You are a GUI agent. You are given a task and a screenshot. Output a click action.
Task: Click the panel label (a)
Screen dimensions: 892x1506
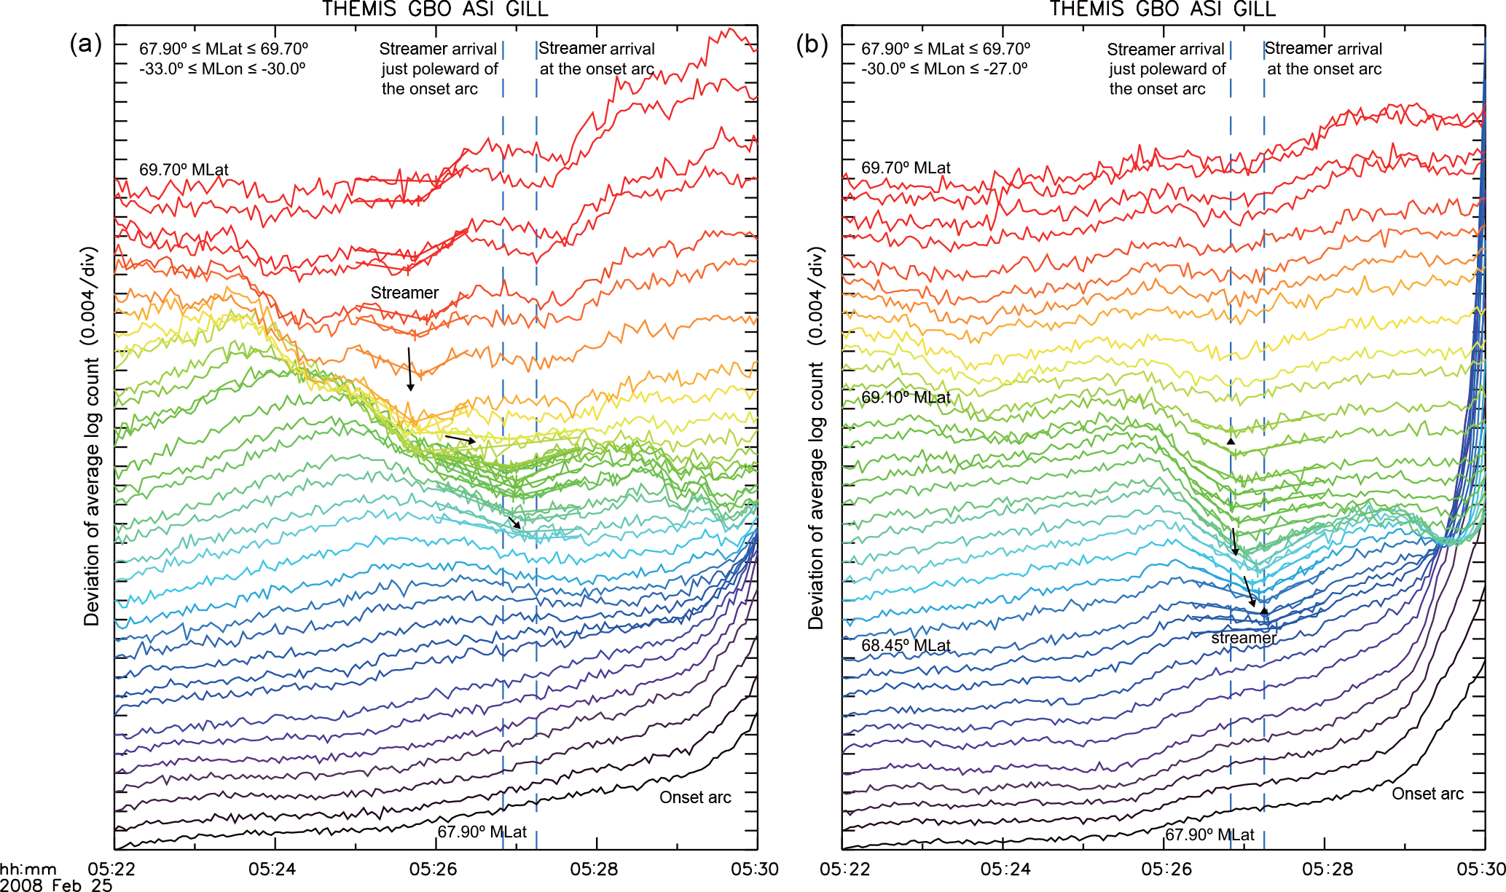(x=86, y=45)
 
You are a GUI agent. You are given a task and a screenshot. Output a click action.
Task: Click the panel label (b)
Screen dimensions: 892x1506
(x=812, y=45)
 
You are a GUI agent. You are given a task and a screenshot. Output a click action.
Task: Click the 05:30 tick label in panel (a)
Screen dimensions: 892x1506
(x=755, y=869)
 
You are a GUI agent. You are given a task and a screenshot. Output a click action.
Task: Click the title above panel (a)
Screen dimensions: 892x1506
(x=435, y=9)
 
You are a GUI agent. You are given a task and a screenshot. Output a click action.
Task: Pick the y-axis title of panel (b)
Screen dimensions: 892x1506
(x=815, y=437)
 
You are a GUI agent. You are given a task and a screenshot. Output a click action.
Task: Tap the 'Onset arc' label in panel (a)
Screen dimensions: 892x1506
(x=695, y=797)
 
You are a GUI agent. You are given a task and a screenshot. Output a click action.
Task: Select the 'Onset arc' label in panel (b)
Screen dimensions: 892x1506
(x=1427, y=794)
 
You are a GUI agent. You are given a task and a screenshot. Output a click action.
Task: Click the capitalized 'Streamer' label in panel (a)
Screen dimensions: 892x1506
(x=404, y=293)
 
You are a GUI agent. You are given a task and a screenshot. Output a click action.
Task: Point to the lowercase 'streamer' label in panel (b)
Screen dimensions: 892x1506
(x=1244, y=639)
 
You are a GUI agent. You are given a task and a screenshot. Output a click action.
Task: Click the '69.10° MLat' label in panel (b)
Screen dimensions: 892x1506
(x=906, y=398)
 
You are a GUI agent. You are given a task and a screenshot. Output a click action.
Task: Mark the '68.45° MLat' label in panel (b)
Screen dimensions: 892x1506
(x=906, y=646)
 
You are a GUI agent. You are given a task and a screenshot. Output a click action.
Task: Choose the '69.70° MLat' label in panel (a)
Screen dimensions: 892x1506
(x=184, y=170)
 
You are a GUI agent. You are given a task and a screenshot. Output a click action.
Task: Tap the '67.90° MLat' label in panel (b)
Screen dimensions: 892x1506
(x=1209, y=834)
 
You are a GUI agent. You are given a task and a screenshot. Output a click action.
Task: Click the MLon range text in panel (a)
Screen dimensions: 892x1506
(x=222, y=68)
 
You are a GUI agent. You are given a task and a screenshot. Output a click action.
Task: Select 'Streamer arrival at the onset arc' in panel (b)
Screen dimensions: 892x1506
(x=1323, y=59)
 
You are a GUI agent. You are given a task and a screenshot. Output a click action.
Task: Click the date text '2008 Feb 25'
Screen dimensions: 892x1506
(x=56, y=885)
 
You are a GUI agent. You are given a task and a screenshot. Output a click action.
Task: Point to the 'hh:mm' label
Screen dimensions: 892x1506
(x=28, y=869)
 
